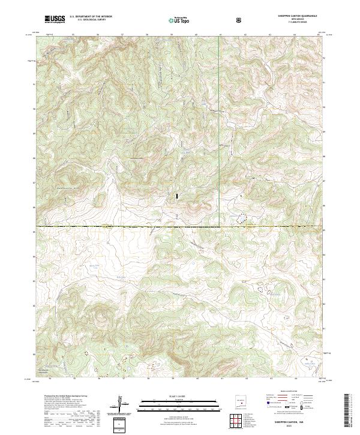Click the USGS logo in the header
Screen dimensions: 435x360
[x=55, y=20]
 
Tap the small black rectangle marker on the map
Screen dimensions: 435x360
[x=176, y=196]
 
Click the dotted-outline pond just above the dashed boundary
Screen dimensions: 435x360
[x=242, y=220]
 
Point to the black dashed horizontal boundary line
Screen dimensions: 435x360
[x=120, y=226]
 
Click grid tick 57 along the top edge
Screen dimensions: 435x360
[x=122, y=35]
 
